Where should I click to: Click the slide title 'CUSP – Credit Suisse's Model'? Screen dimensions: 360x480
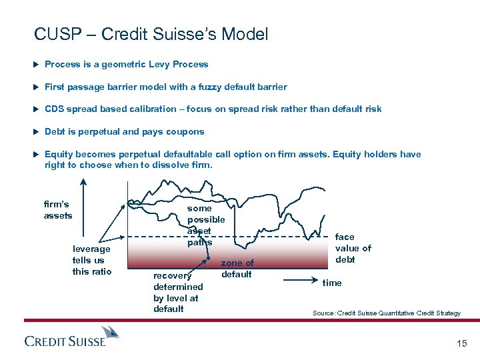[x=151, y=35]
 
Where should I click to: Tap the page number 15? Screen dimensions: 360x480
[x=461, y=343]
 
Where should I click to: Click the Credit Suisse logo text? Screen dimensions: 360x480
[x=65, y=341]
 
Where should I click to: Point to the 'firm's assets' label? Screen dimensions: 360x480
[x=57, y=210]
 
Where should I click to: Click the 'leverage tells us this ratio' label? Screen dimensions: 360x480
[x=91, y=260]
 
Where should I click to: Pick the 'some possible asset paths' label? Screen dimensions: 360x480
[x=205, y=225]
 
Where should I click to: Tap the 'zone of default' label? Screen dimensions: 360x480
[x=237, y=269]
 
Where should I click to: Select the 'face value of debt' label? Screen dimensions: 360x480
[x=353, y=248]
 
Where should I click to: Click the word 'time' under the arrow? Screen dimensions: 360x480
[x=331, y=283]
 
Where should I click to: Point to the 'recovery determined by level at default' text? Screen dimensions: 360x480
[x=177, y=292]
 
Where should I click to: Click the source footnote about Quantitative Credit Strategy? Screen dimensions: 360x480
[x=386, y=313]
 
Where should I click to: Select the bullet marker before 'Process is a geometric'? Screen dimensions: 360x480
[x=36, y=65]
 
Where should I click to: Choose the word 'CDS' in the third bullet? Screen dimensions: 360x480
[x=55, y=109]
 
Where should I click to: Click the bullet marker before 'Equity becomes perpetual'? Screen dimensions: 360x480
[x=36, y=154]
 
